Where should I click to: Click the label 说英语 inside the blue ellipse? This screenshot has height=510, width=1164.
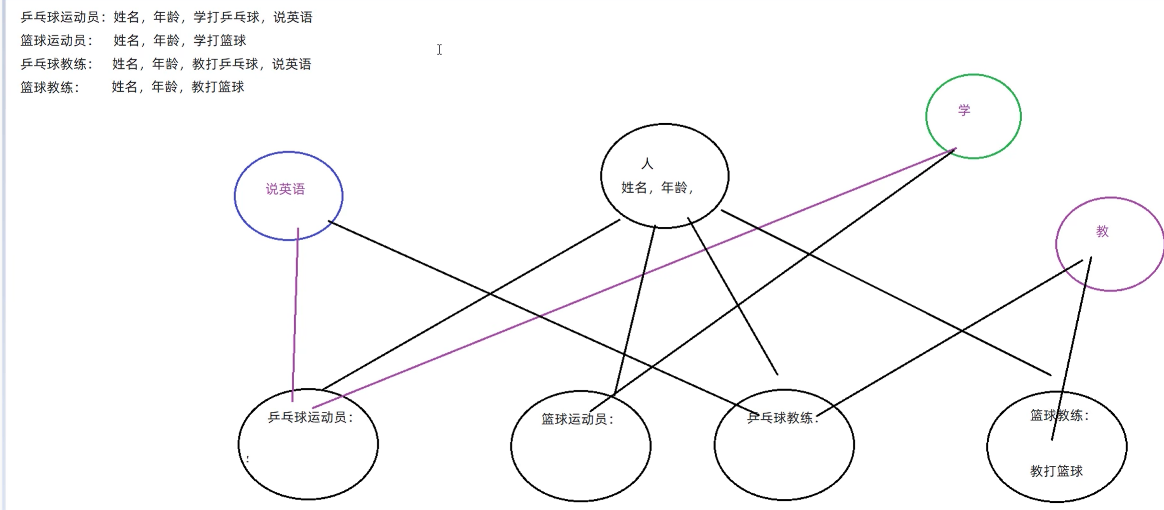click(x=285, y=189)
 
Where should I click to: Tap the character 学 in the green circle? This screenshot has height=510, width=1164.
click(x=964, y=110)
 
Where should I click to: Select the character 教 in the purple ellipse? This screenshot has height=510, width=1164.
click(x=1102, y=232)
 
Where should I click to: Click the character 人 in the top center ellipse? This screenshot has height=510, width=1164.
click(x=647, y=164)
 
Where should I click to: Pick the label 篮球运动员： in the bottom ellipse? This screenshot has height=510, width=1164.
click(x=578, y=419)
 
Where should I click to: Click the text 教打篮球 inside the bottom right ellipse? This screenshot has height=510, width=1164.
click(x=1056, y=471)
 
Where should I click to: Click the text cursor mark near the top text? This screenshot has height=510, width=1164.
click(x=439, y=49)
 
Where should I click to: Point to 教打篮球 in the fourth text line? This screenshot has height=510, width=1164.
click(x=218, y=87)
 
